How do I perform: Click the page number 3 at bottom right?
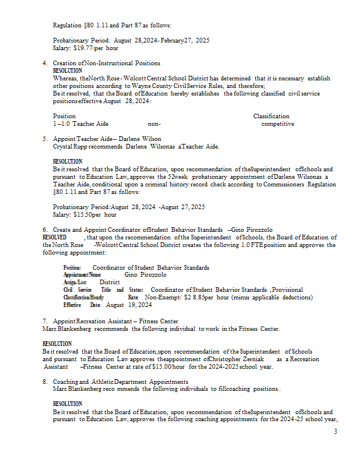pos(336,432)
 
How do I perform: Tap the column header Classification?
pos(271,116)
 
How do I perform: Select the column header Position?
pos(64,116)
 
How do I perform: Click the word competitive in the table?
pos(278,124)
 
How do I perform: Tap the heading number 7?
pos(45,322)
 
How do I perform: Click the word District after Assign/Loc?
pos(110,282)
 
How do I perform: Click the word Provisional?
pos(287,290)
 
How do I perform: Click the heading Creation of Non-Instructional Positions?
pos(107,63)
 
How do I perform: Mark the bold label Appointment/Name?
pos(83,274)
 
